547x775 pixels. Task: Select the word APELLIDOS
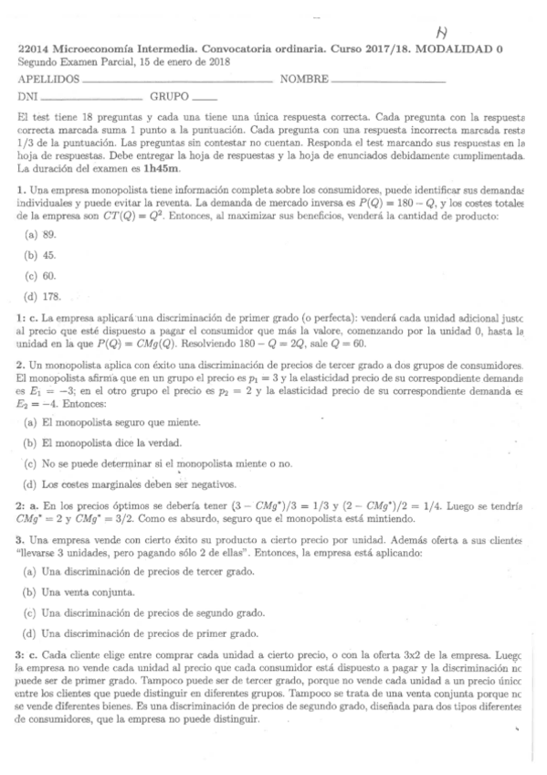click(47, 80)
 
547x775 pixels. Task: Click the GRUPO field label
click(170, 96)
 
